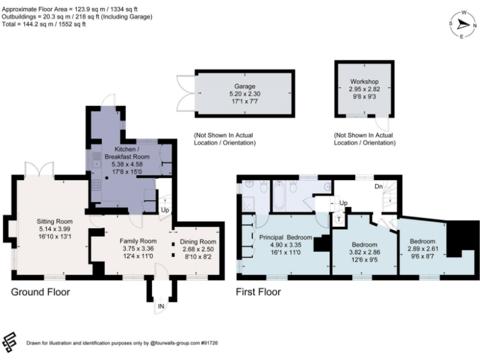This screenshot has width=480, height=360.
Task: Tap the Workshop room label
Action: point(364,82)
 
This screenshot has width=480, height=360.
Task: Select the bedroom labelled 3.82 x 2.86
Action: point(364,244)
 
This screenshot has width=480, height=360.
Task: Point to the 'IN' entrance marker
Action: point(161,306)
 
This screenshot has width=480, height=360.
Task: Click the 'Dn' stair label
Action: point(378,186)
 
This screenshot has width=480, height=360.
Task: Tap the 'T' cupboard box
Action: point(339,219)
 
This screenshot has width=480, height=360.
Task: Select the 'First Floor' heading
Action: point(258,292)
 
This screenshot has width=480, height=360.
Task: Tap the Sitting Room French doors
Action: point(35,170)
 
